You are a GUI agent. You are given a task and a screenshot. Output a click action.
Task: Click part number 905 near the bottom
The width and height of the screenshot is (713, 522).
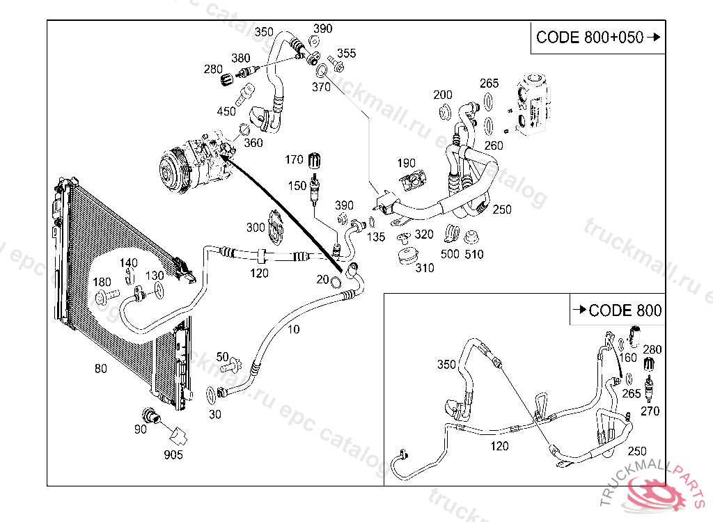tap(173, 455)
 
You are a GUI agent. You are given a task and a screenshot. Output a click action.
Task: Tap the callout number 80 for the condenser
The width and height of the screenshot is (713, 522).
tap(101, 369)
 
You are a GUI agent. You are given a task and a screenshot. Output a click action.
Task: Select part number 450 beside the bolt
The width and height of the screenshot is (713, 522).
tap(226, 111)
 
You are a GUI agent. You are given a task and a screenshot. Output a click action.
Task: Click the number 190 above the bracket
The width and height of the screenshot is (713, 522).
tap(407, 164)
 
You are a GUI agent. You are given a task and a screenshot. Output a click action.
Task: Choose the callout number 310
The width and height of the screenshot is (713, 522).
tap(424, 268)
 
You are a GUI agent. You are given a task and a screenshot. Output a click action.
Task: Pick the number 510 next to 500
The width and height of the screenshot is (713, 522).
tap(474, 255)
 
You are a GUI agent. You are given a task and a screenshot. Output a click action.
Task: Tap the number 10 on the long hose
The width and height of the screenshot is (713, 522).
tap(294, 329)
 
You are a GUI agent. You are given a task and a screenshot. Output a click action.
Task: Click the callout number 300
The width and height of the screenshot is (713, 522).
tap(256, 228)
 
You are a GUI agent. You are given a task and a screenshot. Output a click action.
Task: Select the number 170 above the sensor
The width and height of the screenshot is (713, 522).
tap(295, 161)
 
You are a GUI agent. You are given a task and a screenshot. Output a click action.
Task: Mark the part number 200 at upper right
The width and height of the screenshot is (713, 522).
tap(443, 95)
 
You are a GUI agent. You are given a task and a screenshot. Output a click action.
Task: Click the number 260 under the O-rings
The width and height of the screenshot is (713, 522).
tap(494, 146)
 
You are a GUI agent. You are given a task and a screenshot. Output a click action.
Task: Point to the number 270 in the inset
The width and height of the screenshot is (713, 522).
tap(650, 411)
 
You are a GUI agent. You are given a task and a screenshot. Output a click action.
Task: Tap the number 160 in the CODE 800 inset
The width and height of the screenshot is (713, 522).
tap(628, 358)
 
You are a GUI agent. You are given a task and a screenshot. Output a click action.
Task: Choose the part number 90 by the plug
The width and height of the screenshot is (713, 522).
tap(141, 429)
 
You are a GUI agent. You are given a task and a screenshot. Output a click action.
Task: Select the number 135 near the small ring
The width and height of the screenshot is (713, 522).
tap(376, 237)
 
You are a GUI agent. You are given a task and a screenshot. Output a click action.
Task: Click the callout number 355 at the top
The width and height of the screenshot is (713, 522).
tap(346, 54)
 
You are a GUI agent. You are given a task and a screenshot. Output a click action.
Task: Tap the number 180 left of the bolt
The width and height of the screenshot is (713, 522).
tap(102, 282)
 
